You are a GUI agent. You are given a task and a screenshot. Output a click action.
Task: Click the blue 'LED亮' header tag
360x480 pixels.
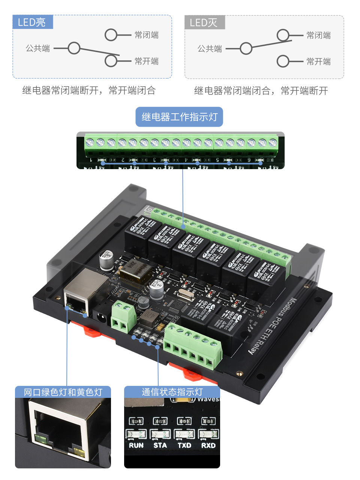click(32, 22)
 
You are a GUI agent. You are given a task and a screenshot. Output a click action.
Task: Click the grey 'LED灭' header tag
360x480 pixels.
click(204, 22)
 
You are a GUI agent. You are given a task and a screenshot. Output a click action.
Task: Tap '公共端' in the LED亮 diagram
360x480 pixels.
click(37, 48)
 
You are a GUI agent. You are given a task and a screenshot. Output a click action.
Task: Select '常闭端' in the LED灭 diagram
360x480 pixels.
click(318, 36)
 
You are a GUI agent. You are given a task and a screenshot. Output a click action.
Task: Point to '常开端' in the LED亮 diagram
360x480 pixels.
click(146, 61)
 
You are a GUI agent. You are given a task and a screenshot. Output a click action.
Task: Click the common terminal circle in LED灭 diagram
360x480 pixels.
click(246, 48)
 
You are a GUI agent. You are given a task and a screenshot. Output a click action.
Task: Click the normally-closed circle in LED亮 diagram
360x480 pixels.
click(111, 35)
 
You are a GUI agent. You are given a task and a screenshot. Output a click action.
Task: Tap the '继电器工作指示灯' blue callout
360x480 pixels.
click(179, 117)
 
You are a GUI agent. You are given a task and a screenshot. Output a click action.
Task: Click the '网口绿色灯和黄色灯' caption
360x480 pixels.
click(63, 392)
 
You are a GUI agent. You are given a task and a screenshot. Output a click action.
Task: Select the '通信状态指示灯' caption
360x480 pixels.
click(172, 392)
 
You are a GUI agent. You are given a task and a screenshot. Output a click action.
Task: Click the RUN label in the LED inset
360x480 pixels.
click(136, 445)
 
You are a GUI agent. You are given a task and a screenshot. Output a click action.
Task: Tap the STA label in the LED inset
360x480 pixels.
click(160, 445)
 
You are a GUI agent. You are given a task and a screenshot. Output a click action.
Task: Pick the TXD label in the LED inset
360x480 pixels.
click(184, 445)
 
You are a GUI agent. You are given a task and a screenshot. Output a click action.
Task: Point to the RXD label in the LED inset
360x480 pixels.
click(208, 445)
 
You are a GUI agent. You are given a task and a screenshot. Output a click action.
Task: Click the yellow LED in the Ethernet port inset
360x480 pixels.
click(79, 451)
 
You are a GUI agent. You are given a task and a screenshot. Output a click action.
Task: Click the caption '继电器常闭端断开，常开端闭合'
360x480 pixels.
click(89, 90)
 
